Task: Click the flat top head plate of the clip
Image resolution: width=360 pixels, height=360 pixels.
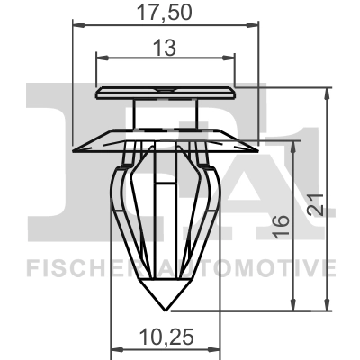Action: [165, 90]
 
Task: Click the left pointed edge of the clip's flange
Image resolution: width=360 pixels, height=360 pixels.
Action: [75, 142]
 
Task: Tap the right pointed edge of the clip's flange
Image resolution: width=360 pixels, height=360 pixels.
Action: [256, 142]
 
